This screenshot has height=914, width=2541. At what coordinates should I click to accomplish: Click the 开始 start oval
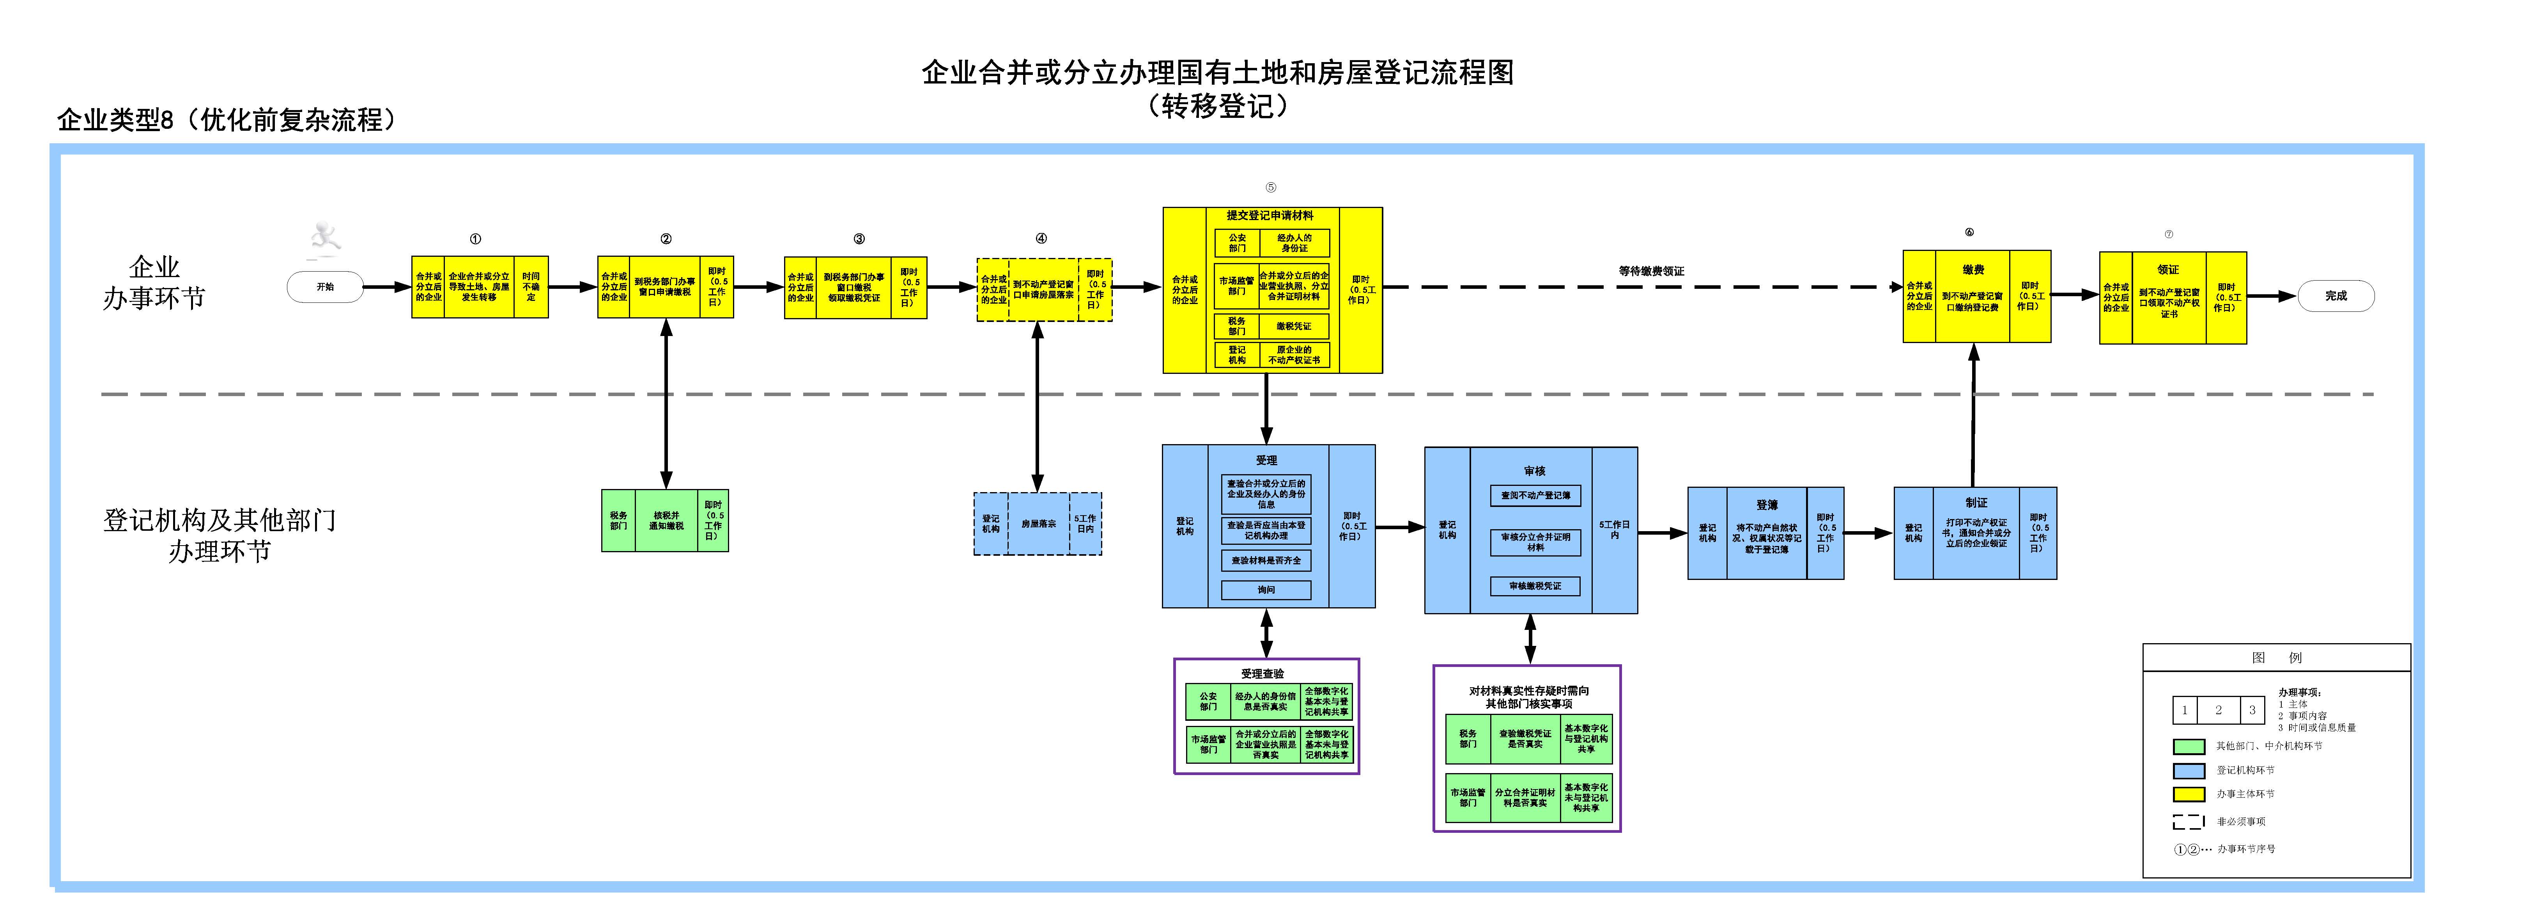click(324, 287)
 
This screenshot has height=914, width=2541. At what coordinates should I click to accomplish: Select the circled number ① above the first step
click(475, 239)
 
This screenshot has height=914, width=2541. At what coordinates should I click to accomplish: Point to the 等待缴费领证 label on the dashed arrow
click(1651, 270)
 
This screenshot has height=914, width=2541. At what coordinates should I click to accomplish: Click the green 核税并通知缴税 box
click(666, 520)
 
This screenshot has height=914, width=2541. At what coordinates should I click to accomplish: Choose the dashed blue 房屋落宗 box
click(1038, 524)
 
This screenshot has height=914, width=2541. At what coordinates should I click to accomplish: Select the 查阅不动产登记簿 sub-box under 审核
click(1535, 496)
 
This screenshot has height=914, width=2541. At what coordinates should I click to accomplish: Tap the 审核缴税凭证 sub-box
click(1535, 586)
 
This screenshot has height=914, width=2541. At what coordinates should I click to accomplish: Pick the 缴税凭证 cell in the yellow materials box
click(1294, 326)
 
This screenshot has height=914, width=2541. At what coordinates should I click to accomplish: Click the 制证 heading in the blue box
click(1976, 502)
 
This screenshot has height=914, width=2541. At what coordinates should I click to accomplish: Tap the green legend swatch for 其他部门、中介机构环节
click(2189, 746)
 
